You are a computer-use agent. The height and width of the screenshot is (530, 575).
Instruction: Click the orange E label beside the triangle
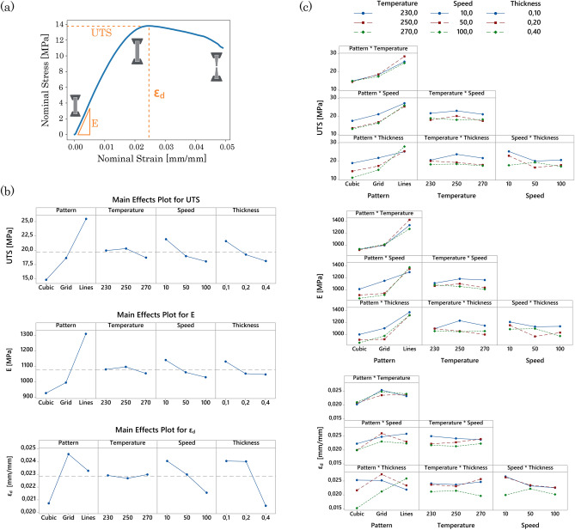[95, 124]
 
